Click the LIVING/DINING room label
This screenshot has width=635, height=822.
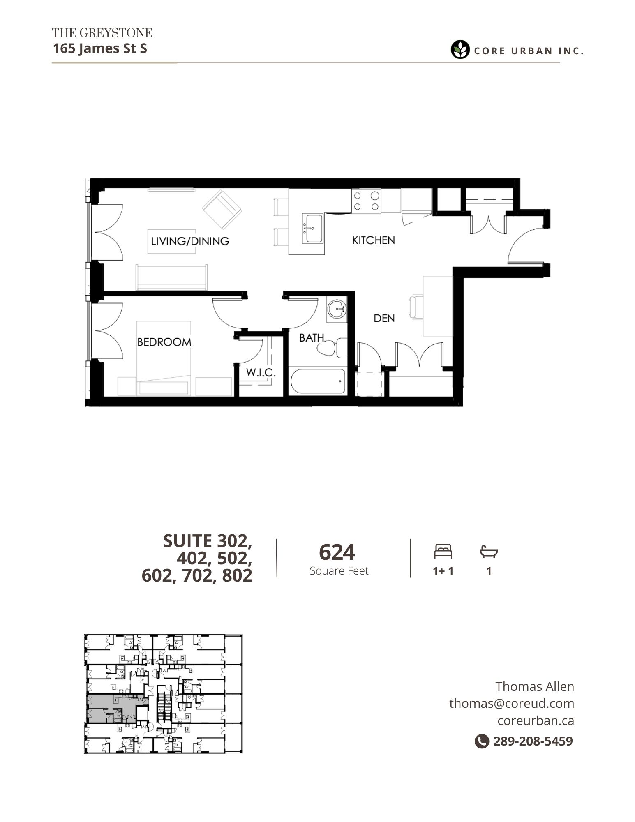(190, 241)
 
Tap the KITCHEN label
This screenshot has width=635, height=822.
(373, 240)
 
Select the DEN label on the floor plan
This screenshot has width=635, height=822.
(384, 318)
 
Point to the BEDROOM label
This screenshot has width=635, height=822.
(164, 342)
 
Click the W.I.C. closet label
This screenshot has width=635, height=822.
(261, 373)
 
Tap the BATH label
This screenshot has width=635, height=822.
(311, 338)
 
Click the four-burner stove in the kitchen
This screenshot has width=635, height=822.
(366, 201)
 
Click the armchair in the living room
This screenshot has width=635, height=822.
(222, 209)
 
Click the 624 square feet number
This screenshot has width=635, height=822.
(337, 552)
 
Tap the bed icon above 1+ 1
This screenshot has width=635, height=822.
(443, 551)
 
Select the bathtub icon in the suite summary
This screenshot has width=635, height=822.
(489, 552)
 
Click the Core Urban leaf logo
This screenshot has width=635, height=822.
(460, 50)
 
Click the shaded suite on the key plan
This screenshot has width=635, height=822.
(111, 708)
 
